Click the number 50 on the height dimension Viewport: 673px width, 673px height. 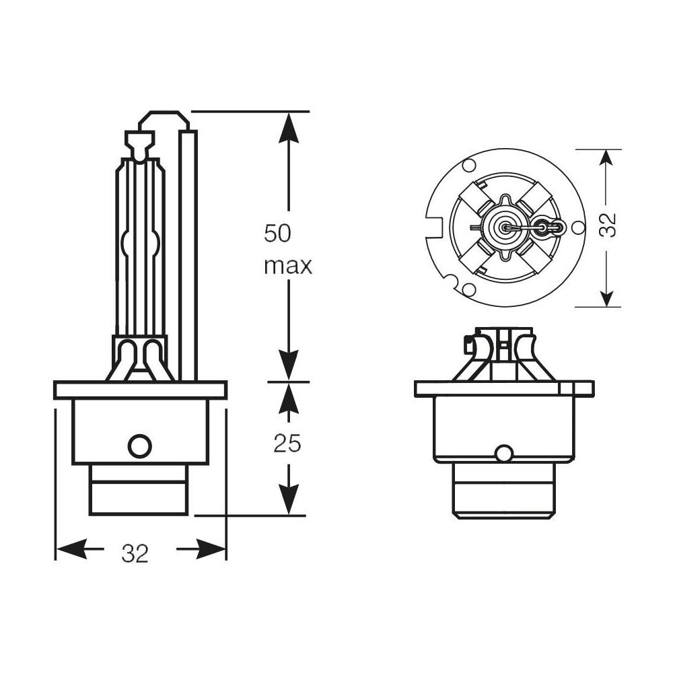[277, 234]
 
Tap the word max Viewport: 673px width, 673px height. [287, 266]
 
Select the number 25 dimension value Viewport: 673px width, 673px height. [287, 443]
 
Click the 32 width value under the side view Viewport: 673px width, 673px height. [135, 553]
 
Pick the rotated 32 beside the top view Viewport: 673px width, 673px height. [608, 225]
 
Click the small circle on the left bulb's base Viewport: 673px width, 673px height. [140, 446]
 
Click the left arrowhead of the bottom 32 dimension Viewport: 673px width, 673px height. [71, 548]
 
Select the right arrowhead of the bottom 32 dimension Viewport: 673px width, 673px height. [210, 548]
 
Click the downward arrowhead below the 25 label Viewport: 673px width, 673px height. [289, 499]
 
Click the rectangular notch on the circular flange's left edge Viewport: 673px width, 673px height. [434, 227]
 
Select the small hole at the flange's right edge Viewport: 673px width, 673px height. [577, 227]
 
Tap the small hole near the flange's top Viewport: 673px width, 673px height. [469, 164]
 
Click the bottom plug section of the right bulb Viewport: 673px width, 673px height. [504, 490]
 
